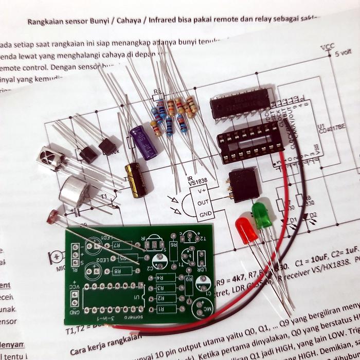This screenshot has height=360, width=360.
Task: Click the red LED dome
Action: pyautogui.click(x=246, y=230)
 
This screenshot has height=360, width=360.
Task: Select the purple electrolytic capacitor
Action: pyautogui.click(x=143, y=142)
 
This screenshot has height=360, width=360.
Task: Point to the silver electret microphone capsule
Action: pyautogui.click(x=75, y=191)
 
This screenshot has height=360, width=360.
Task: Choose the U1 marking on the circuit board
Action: pyautogui.click(x=136, y=298)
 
